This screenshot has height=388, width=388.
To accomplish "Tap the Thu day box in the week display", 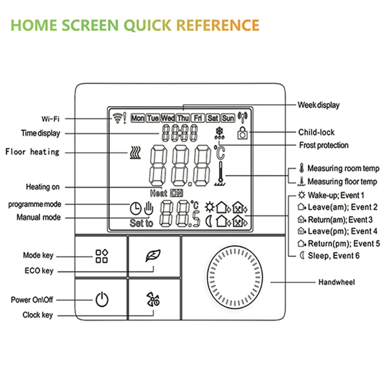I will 183,118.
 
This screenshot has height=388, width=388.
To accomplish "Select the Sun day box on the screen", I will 228,118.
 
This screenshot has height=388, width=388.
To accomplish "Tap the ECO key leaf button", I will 153,254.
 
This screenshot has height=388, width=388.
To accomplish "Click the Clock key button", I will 153,299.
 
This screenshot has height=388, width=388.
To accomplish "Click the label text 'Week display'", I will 318,105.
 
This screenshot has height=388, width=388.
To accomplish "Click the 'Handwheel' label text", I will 336,283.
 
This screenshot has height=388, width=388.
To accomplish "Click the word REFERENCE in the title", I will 218,26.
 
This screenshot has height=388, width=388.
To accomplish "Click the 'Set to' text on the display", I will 140,224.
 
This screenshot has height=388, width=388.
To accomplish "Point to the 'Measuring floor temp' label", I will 337,182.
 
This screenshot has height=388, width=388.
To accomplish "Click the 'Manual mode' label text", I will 38,217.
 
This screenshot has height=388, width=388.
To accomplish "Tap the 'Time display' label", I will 40,133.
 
